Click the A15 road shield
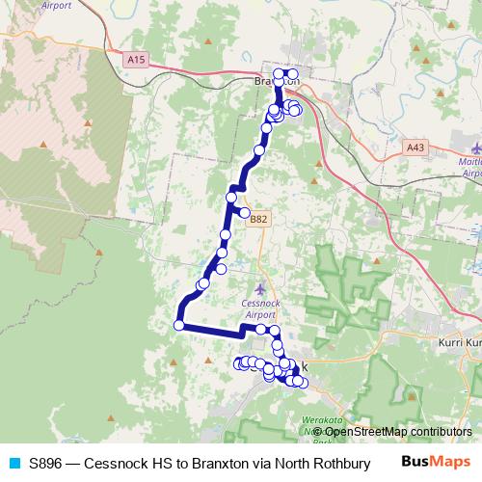[x=136, y=60]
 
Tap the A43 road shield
[x=415, y=147]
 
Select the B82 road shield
[x=258, y=220]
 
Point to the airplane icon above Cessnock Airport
[x=260, y=288]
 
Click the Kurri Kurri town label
[x=458, y=343]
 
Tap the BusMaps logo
[x=437, y=463]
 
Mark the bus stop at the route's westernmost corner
[x=178, y=325]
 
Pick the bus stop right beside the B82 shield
[x=245, y=213]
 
